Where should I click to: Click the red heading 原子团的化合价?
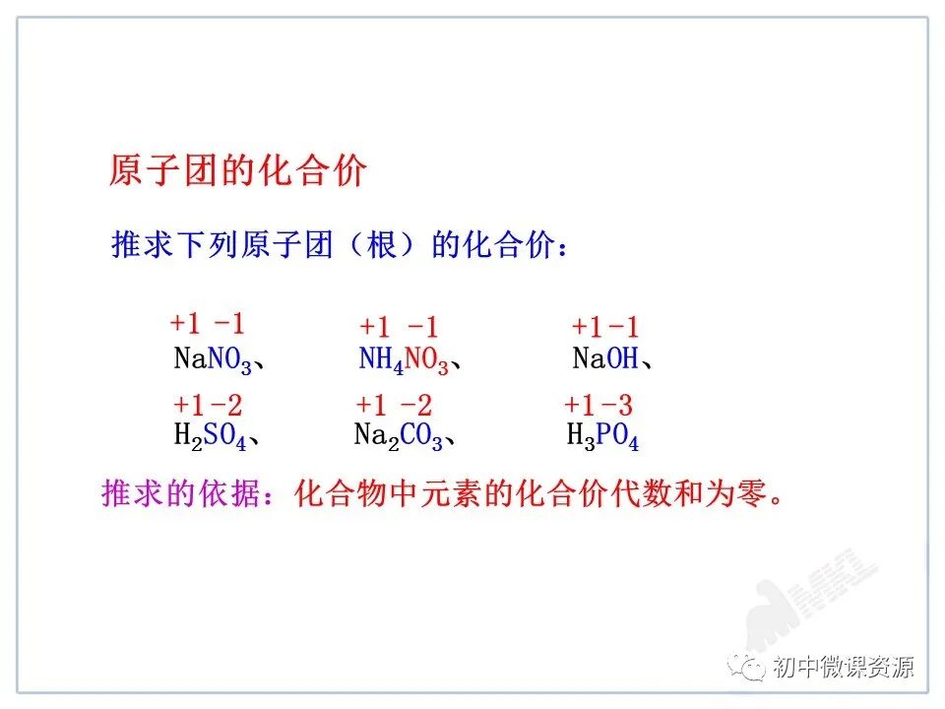[237, 171]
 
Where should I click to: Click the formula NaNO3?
[214, 359]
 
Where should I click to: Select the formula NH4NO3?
[404, 360]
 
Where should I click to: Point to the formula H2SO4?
[210, 436]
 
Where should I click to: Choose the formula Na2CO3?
[399, 436]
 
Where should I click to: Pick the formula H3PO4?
[602, 436]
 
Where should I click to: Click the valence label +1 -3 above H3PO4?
[598, 405]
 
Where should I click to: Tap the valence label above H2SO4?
[208, 405]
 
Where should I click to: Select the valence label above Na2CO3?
[394, 405]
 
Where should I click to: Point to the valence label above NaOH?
[605, 328]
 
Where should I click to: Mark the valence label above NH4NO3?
[399, 328]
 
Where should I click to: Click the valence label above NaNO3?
[207, 324]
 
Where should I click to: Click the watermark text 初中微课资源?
[843, 667]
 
